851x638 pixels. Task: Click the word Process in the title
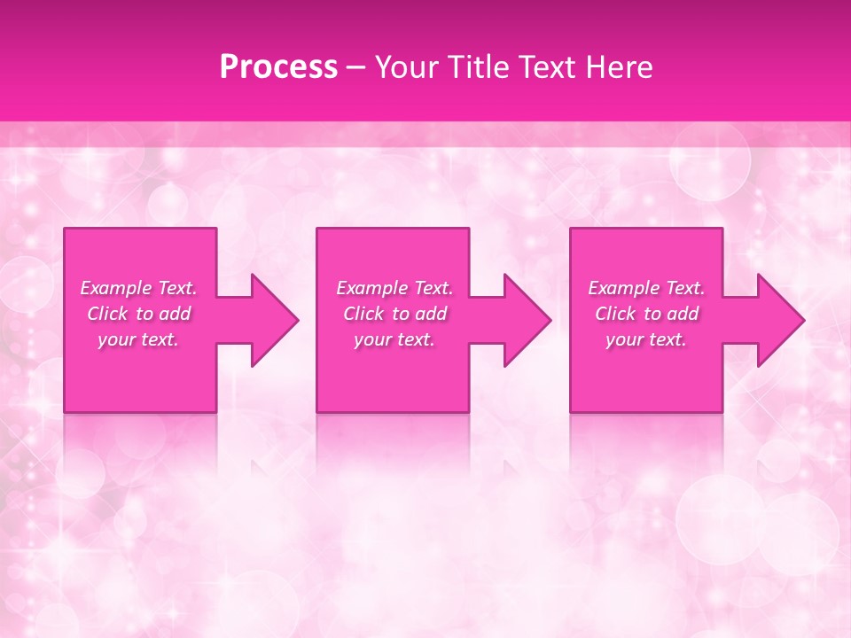coord(278,67)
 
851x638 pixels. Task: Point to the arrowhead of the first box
coord(270,320)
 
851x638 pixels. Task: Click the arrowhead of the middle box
coord(523,320)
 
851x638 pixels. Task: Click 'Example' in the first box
coord(115,288)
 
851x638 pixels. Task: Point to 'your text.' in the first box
coord(138,339)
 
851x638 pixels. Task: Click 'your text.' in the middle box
coord(394,339)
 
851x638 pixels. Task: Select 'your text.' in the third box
coord(646,339)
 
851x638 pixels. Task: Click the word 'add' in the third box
coord(683,314)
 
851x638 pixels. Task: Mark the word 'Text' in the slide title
coord(546,67)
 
